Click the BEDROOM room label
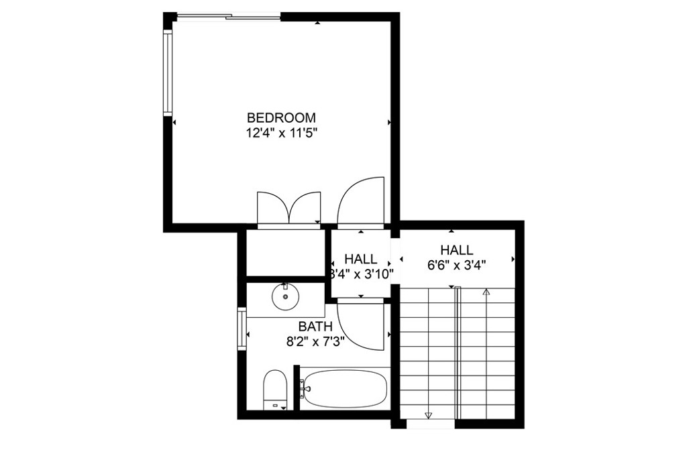281,117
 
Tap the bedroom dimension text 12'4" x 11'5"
281,133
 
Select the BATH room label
315,327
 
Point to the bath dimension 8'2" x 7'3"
315,341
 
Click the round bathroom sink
285,296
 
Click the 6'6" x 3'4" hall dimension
456,264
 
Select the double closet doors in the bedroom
289,208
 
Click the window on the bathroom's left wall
242,329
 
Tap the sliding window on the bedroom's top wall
228,16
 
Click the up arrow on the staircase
486,292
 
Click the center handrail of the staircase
458,352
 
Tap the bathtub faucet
305,387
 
